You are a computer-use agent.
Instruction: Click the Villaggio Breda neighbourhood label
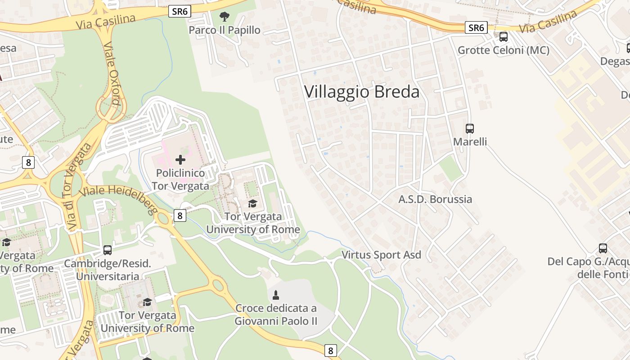tap(362, 92)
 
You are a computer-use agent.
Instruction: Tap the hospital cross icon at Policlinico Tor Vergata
tap(180, 159)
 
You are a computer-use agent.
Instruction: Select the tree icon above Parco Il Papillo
tap(224, 17)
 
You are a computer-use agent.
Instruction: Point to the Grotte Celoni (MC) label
tap(504, 50)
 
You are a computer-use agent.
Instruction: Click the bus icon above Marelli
tap(470, 129)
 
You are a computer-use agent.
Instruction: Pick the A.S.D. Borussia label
tap(435, 199)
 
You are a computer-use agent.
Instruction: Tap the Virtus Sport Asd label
tap(381, 255)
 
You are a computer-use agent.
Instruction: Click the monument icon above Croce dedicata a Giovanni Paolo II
tap(276, 295)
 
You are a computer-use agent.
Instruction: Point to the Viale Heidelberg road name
tap(118, 197)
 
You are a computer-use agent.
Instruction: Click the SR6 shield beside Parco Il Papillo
tap(180, 12)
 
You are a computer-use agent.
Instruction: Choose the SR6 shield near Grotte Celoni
tap(476, 28)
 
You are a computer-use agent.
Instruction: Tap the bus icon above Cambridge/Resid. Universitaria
tap(107, 250)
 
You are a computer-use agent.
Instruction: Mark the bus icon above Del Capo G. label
tap(603, 248)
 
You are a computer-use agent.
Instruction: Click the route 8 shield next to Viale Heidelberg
tap(180, 216)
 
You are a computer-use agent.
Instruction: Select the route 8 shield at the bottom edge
tap(331, 351)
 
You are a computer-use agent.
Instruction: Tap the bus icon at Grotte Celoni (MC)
tap(504, 37)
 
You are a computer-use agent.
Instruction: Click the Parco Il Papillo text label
tap(224, 30)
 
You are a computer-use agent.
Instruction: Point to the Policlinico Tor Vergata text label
tap(180, 180)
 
